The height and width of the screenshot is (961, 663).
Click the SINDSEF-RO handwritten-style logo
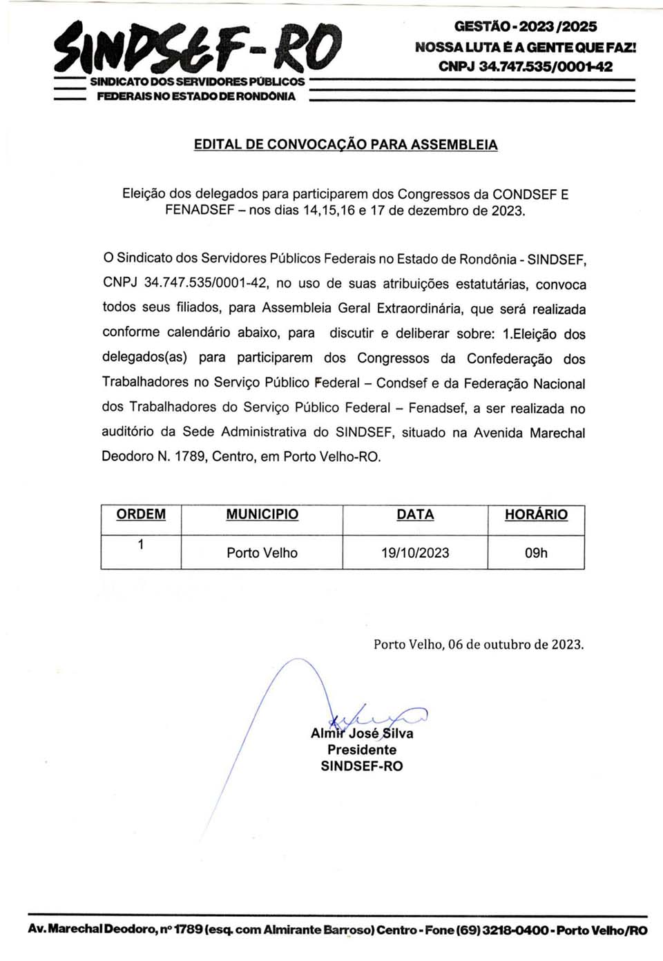(198, 48)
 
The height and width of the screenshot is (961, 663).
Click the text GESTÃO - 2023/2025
(525, 27)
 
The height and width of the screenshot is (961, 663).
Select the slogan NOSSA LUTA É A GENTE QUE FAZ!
(525, 47)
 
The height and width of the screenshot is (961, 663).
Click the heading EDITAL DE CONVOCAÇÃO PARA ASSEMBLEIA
(345, 145)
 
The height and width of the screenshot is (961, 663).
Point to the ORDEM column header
(141, 514)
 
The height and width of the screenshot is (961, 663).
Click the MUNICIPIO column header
(262, 514)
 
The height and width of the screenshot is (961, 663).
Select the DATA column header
(415, 514)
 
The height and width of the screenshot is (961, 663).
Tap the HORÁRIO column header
(536, 514)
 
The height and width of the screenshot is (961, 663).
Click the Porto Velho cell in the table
(262, 553)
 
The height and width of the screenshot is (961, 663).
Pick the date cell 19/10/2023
(415, 553)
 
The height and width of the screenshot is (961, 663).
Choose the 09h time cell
(536, 553)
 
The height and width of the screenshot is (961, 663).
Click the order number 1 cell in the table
(141, 545)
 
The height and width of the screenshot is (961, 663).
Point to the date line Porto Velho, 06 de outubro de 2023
(479, 645)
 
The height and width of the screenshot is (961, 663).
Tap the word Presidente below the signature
(362, 750)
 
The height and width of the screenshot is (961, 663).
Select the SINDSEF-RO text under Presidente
(362, 766)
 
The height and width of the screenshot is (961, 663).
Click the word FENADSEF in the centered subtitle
(200, 211)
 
